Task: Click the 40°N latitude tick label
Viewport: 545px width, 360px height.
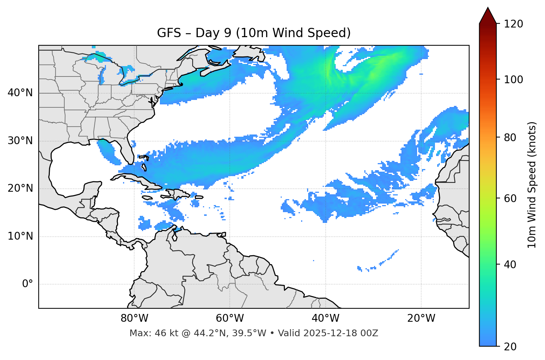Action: [x=20, y=93]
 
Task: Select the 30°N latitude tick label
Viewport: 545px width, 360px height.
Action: [x=20, y=141]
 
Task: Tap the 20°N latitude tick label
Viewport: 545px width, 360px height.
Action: [x=20, y=189]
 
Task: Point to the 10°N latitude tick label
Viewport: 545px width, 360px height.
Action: [x=20, y=236]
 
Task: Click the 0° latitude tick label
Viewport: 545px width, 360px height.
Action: [x=28, y=284]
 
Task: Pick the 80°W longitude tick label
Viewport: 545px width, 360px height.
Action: [x=134, y=318]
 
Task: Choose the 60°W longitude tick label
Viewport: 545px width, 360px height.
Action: [x=230, y=318]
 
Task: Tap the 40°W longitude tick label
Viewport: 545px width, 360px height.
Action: [x=325, y=318]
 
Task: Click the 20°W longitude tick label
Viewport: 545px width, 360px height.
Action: [x=421, y=318]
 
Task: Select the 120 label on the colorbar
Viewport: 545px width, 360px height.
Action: [x=513, y=24]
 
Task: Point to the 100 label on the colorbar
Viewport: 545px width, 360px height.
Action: [x=513, y=80]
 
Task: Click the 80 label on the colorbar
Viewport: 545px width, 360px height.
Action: [x=510, y=137]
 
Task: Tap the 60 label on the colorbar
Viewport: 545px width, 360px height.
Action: [x=510, y=198]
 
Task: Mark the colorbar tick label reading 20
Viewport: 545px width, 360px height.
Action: [x=510, y=347]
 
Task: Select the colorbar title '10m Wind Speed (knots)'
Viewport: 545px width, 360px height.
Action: [x=532, y=185]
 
